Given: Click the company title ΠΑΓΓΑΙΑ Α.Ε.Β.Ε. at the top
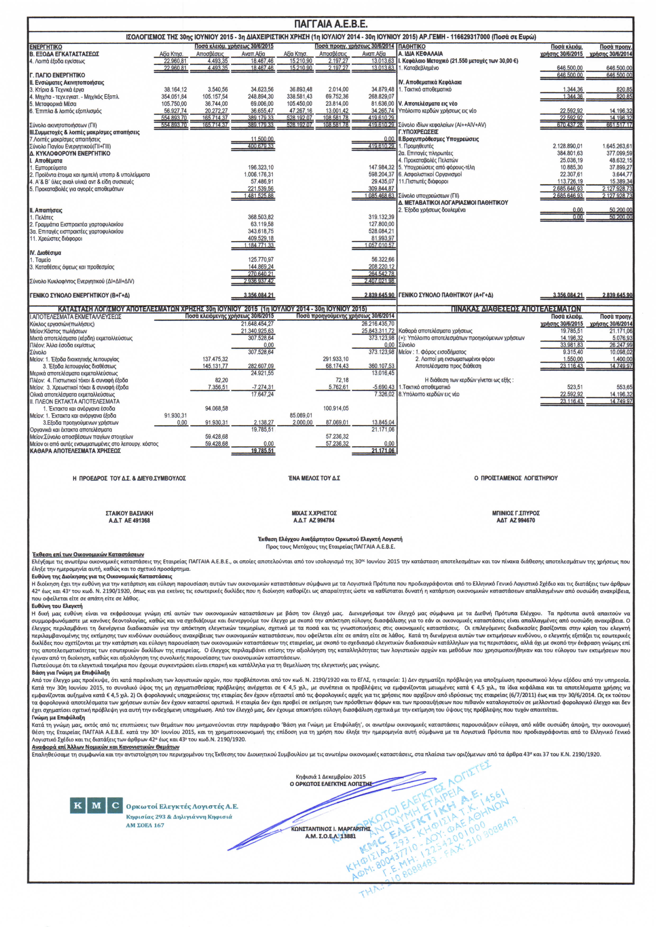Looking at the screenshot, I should [x=331, y=24].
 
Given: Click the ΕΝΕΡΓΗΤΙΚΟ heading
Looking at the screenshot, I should [x=46, y=47].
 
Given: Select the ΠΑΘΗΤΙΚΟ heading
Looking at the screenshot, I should [x=412, y=47].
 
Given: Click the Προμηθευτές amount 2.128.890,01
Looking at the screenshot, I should [x=567, y=146].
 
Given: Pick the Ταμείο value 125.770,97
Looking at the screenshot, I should [x=261, y=260].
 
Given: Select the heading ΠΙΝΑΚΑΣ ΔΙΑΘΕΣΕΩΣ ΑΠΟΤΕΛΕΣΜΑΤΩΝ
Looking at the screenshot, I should [x=516, y=309].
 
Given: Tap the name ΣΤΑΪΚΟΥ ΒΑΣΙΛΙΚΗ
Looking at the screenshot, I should [x=129, y=513].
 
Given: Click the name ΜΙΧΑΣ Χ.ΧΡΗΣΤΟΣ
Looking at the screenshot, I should [x=314, y=513].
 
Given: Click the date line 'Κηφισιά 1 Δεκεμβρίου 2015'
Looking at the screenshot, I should [x=330, y=776].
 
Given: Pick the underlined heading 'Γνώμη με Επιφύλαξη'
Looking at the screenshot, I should [x=58, y=718].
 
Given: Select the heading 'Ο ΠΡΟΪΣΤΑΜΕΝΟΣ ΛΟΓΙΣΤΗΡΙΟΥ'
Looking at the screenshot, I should [x=516, y=478].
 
